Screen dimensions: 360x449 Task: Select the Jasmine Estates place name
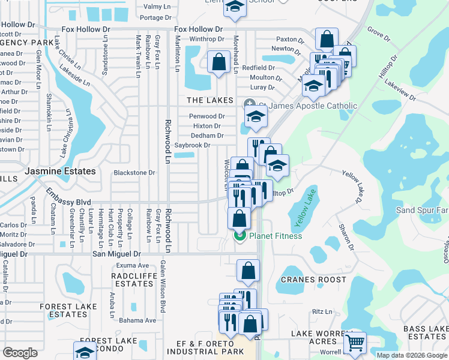(60, 171)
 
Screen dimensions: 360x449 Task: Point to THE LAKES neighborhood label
(205, 100)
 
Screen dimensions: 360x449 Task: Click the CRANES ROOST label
(314, 280)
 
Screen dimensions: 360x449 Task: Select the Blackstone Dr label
(134, 173)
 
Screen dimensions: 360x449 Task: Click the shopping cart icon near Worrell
(355, 343)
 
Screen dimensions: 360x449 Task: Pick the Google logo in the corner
(20, 353)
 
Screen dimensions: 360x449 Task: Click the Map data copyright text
(412, 355)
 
